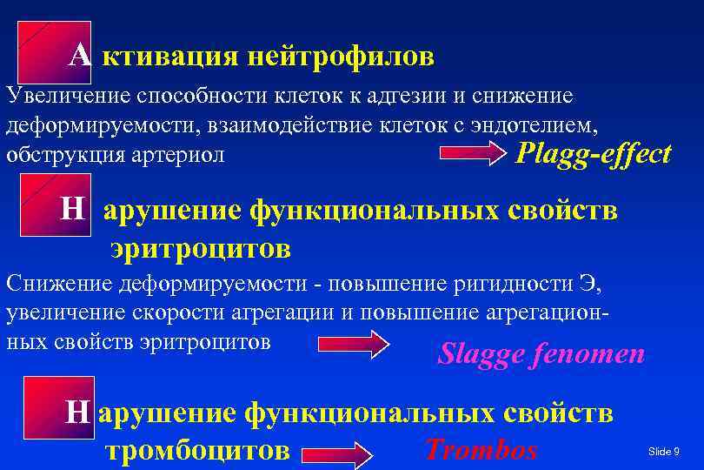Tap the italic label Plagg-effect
coord(593,154)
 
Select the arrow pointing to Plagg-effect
coord(476,155)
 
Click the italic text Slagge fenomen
coord(541,353)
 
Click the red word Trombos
coord(482,449)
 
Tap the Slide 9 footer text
coord(664,451)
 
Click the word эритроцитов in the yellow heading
coord(200,250)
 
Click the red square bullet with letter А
coord(52,52)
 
